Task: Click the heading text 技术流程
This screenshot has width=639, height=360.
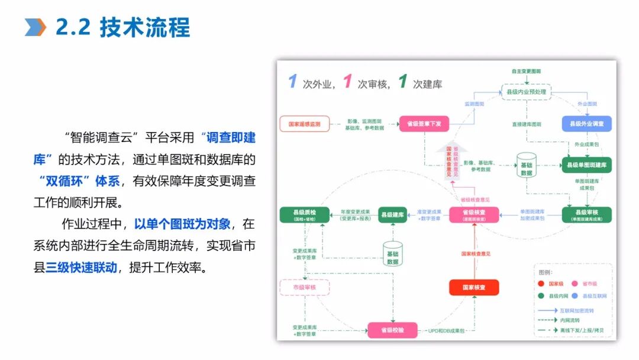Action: pyautogui.click(x=146, y=27)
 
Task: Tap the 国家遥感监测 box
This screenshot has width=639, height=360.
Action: pyautogui.click(x=304, y=124)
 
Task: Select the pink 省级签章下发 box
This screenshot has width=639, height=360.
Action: pyautogui.click(x=424, y=124)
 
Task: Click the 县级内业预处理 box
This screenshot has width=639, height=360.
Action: pyautogui.click(x=524, y=92)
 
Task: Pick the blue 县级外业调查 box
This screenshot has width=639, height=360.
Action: pyautogui.click(x=586, y=124)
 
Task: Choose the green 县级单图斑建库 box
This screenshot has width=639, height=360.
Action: pyautogui.click(x=586, y=165)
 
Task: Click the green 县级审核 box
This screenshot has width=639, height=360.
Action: pyautogui.click(x=586, y=214)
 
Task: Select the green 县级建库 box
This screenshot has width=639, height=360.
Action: pyautogui.click(x=392, y=214)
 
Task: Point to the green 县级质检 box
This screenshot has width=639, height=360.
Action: pyautogui.click(x=304, y=214)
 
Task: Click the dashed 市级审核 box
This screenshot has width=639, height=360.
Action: pyautogui.click(x=304, y=288)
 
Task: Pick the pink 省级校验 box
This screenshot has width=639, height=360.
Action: pyautogui.click(x=393, y=330)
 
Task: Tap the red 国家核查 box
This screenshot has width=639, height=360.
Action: pyautogui.click(x=473, y=288)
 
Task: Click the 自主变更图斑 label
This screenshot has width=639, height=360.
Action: pyautogui.click(x=526, y=71)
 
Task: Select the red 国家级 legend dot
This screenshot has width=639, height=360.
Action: pyautogui.click(x=541, y=283)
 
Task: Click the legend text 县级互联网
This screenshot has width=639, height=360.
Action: pyautogui.click(x=594, y=295)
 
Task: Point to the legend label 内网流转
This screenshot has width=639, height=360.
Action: pyautogui.click(x=569, y=320)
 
